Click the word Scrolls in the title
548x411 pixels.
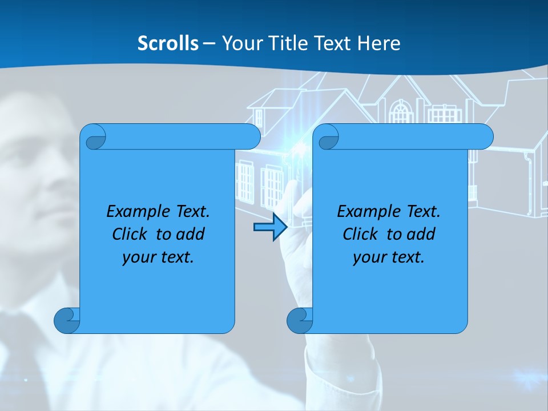pyautogui.click(x=168, y=43)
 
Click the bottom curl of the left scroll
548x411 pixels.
pyautogui.click(x=67, y=320)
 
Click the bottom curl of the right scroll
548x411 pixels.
pyautogui.click(x=300, y=320)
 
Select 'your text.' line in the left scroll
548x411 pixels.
pyautogui.click(x=158, y=257)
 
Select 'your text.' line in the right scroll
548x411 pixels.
pyautogui.click(x=389, y=257)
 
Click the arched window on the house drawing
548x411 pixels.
pyautogui.click(x=401, y=112)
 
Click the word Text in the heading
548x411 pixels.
pyautogui.click(x=332, y=43)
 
